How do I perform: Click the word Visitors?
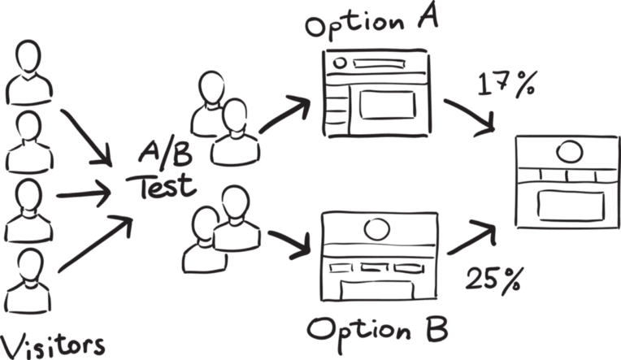[54, 342]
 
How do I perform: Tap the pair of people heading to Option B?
[215, 232]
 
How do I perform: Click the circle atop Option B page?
[376, 229]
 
